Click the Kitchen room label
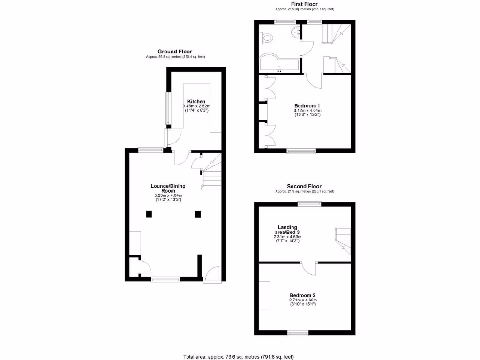coord(196,102)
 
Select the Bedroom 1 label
coord(307,106)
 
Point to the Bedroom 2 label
coord(303,295)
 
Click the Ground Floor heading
coord(175,52)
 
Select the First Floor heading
coord(305,4)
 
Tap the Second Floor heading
coord(305,186)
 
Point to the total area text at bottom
coord(239,357)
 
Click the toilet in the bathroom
coord(267,38)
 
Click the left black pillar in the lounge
coord(149,214)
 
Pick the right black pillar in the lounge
coord(198,214)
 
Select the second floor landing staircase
coord(343,240)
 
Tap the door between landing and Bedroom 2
coord(309,267)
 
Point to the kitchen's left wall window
coord(167,109)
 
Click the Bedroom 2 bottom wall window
coord(298,333)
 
